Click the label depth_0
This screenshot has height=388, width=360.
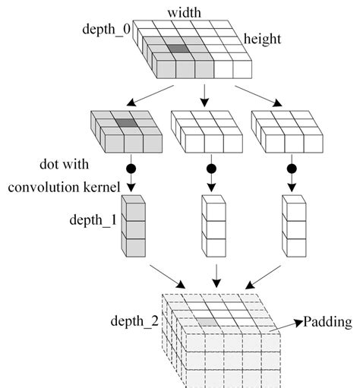[x=109, y=28]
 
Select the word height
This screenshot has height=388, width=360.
[x=263, y=38]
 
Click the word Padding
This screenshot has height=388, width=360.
[x=328, y=322]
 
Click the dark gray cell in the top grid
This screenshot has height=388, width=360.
[x=177, y=49]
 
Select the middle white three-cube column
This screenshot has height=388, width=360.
[x=212, y=228]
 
